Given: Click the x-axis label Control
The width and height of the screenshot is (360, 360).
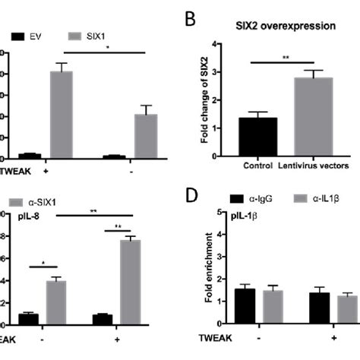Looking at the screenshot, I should click(x=258, y=165).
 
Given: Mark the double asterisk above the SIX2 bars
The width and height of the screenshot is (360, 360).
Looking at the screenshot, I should click(x=285, y=57).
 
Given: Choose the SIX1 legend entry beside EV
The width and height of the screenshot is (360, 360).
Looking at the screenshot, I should click(x=84, y=35).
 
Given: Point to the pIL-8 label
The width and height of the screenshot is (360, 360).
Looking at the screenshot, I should click(x=24, y=216).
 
